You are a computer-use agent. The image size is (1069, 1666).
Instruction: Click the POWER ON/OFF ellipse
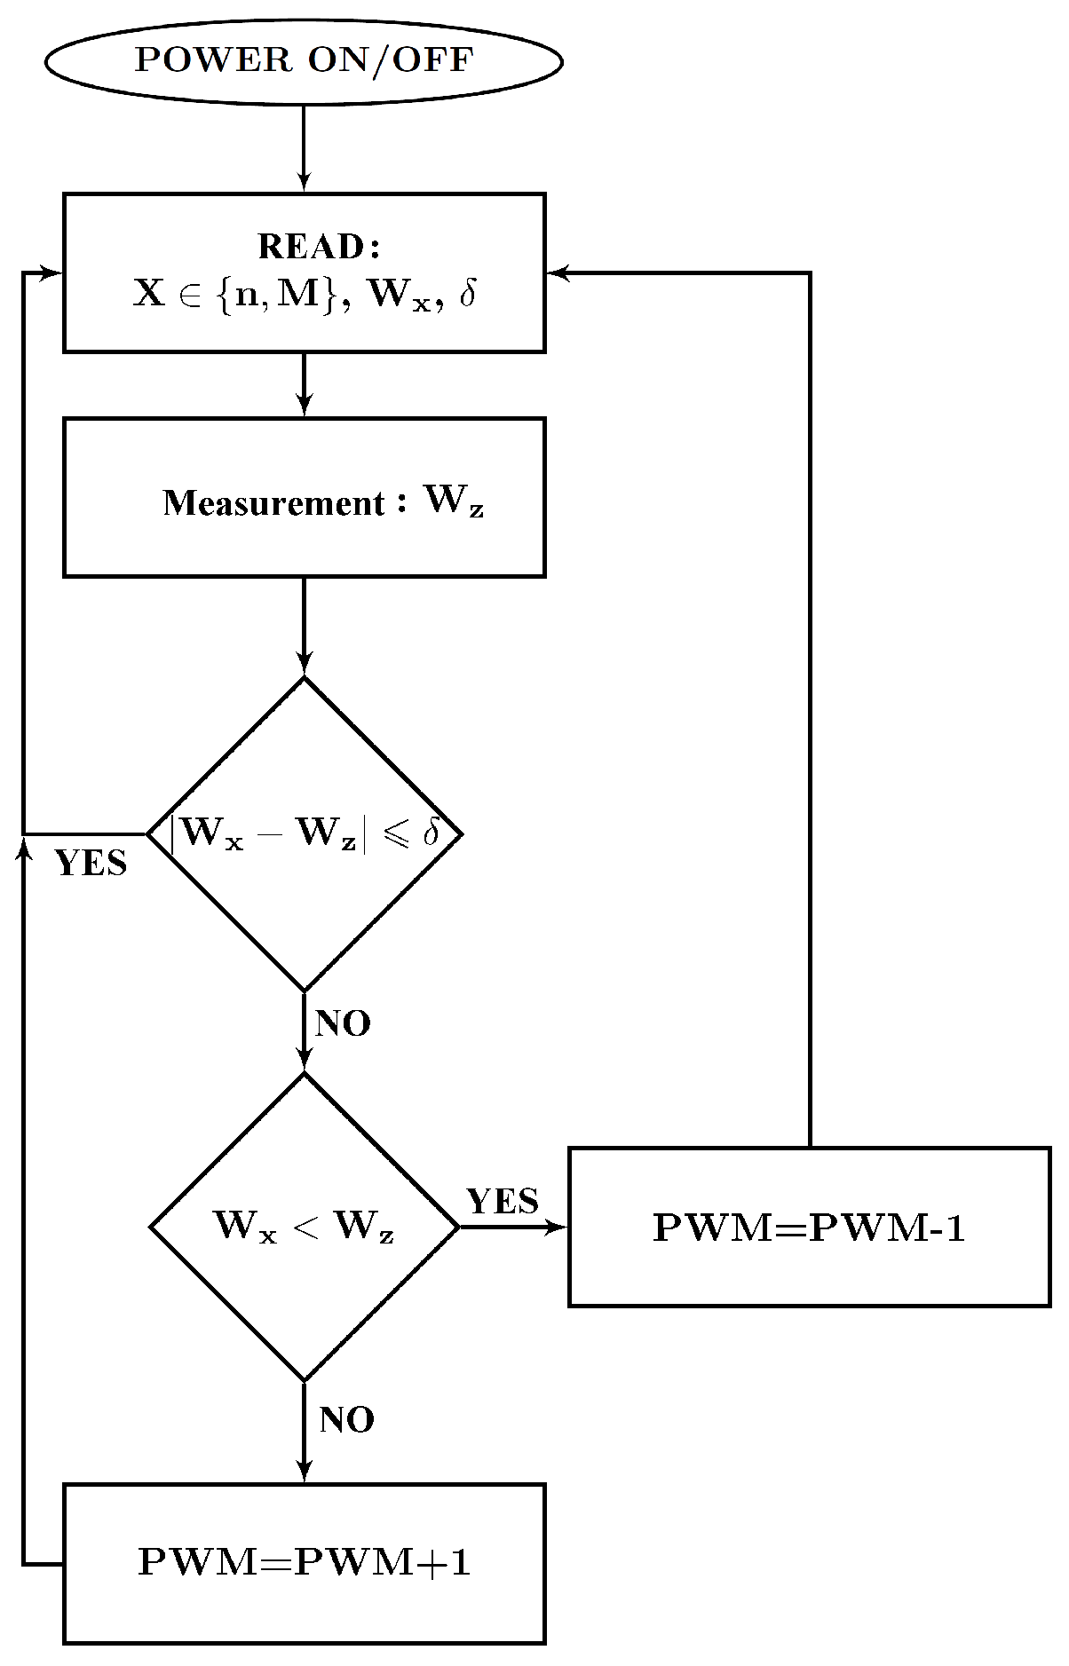click(304, 61)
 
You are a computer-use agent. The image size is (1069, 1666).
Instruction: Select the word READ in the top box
click(312, 247)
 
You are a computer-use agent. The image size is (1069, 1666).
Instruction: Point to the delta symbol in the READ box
click(468, 294)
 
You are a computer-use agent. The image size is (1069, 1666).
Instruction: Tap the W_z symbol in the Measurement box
click(454, 501)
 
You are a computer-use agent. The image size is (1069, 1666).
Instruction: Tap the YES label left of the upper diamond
click(91, 864)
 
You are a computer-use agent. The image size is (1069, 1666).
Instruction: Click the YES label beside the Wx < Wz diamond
click(503, 1202)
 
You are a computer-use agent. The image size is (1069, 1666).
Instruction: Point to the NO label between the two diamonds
click(343, 1024)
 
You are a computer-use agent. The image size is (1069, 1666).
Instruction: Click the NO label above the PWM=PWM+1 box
click(346, 1420)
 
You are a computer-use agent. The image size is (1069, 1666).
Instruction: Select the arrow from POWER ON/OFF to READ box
click(304, 147)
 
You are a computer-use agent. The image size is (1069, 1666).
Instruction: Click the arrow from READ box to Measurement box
click(304, 384)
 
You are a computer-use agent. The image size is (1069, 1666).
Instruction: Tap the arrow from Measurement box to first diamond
click(304, 626)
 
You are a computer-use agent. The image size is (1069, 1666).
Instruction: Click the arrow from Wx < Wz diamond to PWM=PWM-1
click(513, 1227)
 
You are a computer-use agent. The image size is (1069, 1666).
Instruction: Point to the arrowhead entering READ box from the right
click(558, 273)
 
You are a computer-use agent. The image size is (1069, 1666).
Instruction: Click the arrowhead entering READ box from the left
click(51, 273)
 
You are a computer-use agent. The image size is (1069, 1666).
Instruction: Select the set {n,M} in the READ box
click(277, 294)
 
